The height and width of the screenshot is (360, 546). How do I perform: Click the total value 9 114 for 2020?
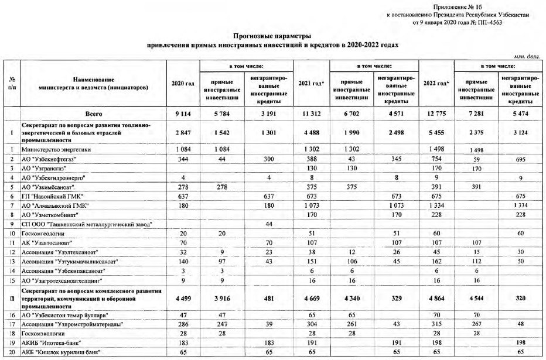(x=182, y=114)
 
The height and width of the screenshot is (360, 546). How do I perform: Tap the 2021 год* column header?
(x=310, y=83)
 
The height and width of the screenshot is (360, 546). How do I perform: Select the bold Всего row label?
(x=94, y=114)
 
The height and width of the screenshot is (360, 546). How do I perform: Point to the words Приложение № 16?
(x=456, y=6)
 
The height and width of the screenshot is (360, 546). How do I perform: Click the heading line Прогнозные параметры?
(x=272, y=36)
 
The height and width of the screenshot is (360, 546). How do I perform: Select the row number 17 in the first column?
(x=12, y=323)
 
